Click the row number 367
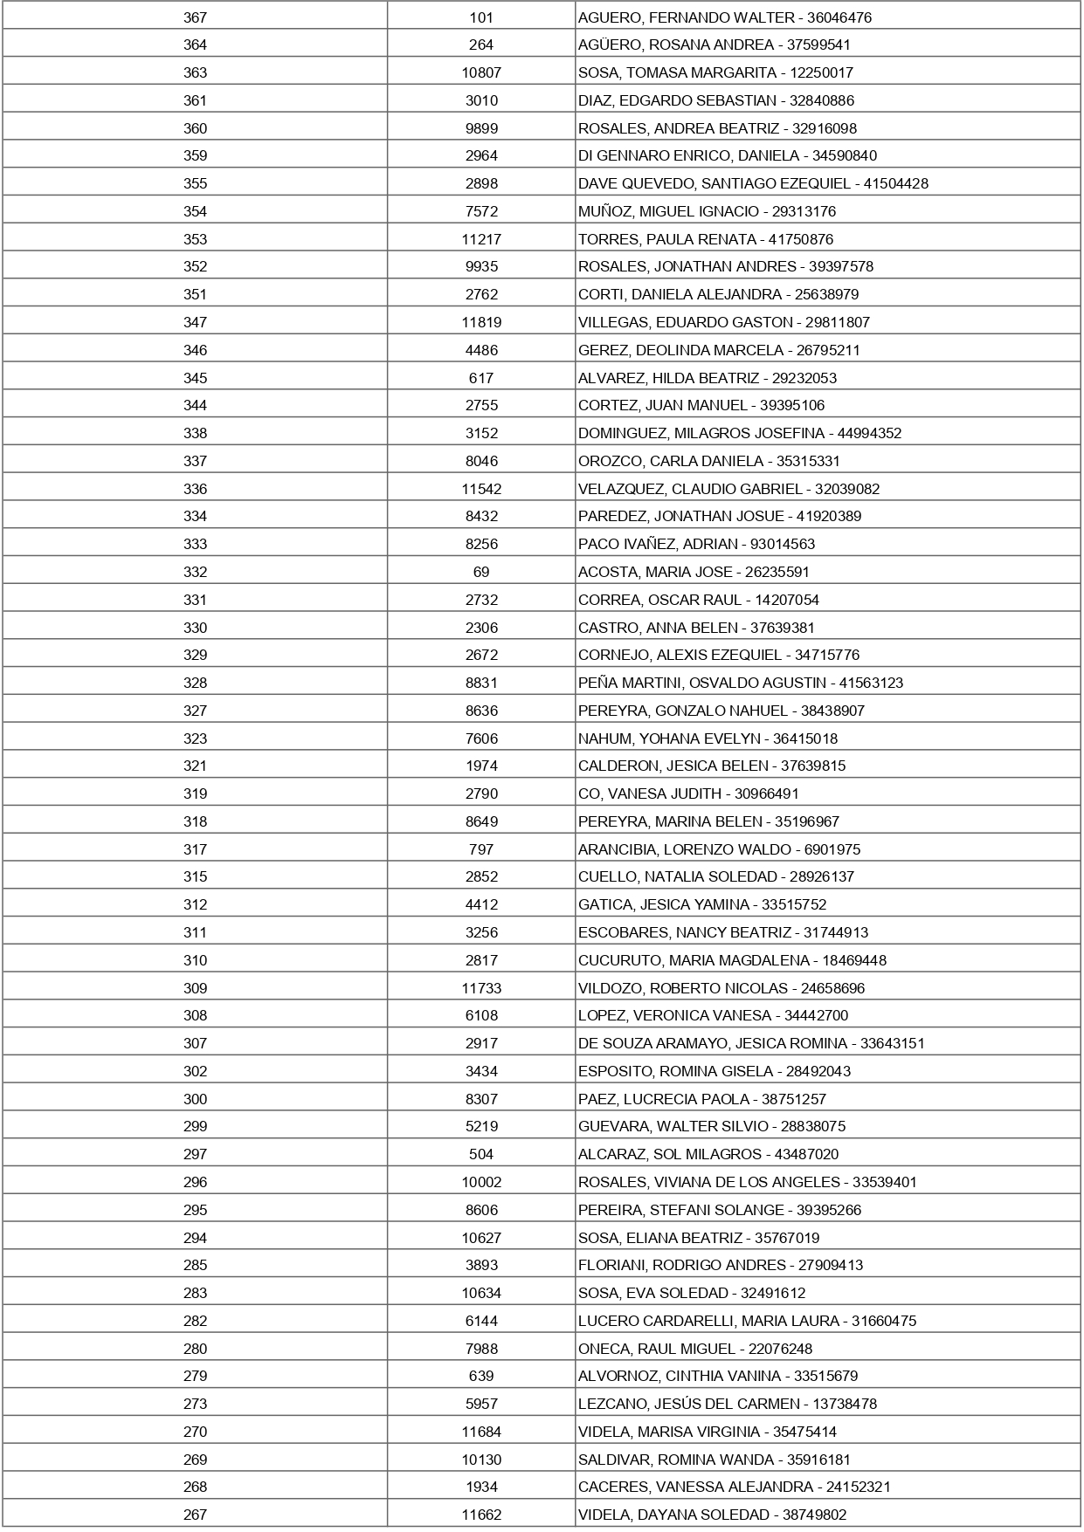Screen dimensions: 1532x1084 coord(195,17)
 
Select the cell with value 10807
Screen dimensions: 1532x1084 coord(481,72)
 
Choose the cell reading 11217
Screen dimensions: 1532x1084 coord(481,239)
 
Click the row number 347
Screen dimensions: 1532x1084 coord(195,322)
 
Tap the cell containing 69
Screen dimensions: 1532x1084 coord(481,572)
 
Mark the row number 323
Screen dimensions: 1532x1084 coord(195,739)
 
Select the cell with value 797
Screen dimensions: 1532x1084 coord(481,849)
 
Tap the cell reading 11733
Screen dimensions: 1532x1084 coord(481,988)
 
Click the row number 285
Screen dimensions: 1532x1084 coord(195,1265)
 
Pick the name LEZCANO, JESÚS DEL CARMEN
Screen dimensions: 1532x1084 coord(688,1404)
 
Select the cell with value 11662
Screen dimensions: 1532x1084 coord(481,1515)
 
